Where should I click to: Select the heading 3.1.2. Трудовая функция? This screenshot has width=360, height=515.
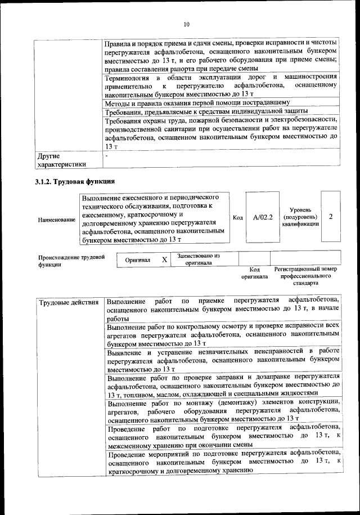[x=75, y=181]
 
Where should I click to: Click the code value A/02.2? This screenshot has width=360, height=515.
[x=262, y=217]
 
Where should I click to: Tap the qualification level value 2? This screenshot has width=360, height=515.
[x=330, y=217]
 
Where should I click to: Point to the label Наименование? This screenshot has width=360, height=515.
[x=56, y=220]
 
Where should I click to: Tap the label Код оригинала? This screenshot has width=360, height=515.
[x=254, y=273]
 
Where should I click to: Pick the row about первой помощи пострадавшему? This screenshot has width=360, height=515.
[x=197, y=103]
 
